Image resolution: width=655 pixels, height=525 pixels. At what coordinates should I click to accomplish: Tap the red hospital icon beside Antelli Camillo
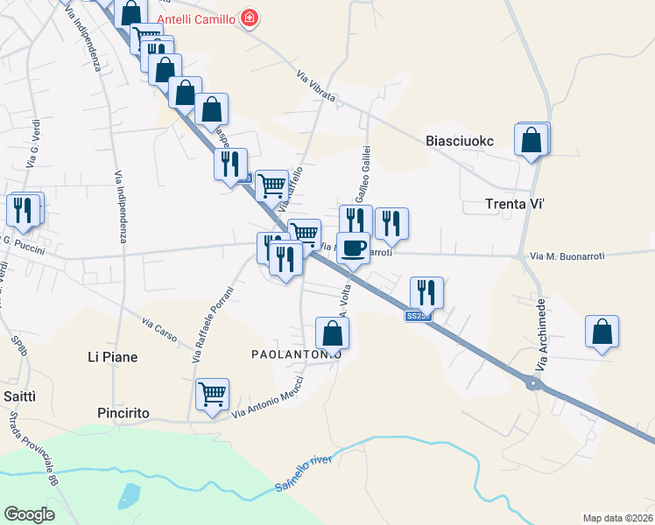click(x=250, y=17)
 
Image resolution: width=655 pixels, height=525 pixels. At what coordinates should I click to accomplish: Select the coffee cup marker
click(x=353, y=248)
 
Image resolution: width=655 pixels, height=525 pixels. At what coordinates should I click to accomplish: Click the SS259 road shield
click(x=418, y=316)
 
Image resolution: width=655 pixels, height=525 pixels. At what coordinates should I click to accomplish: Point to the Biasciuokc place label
click(x=460, y=141)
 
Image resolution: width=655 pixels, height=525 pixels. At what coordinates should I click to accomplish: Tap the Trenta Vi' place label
click(x=516, y=205)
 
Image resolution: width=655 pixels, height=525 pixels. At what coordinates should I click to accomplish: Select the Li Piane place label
click(x=113, y=357)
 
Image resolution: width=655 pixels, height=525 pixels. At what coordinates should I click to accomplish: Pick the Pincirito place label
click(x=124, y=412)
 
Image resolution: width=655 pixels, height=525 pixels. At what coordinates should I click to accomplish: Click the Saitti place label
click(x=20, y=396)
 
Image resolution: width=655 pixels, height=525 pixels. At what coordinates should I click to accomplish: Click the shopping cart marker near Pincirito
click(x=212, y=395)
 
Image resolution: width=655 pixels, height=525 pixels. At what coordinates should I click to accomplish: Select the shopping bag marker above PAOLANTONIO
click(x=332, y=332)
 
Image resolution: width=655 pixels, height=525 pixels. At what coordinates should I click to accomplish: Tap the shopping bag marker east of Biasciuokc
click(x=532, y=138)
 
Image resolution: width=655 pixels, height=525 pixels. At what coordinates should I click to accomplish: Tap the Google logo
click(x=29, y=514)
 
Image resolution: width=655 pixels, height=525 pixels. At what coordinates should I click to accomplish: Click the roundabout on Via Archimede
click(x=532, y=383)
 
